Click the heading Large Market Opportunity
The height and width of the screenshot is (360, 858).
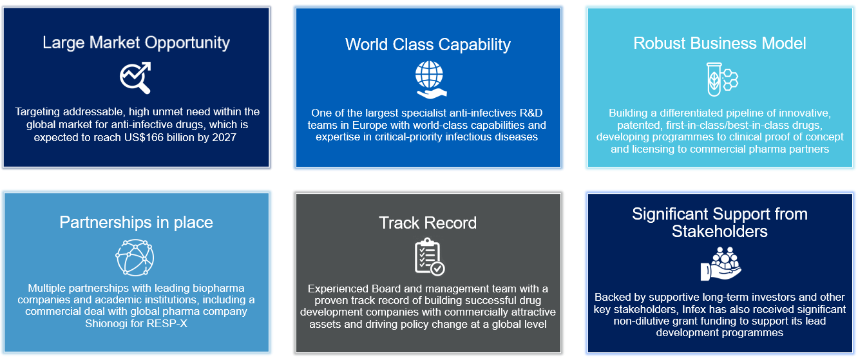[x=136, y=43]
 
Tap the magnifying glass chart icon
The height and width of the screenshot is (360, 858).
[x=135, y=78]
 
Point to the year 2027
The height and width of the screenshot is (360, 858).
[x=223, y=137]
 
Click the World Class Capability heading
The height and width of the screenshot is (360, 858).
[x=428, y=44]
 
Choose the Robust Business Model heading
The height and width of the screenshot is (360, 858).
[x=720, y=43]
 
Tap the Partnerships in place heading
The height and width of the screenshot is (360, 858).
[x=136, y=223]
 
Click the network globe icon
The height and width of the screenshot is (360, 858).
[x=135, y=257]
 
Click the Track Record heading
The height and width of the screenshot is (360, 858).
[x=428, y=223]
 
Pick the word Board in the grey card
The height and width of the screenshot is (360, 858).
[x=379, y=289]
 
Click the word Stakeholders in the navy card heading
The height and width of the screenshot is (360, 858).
[x=720, y=231]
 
